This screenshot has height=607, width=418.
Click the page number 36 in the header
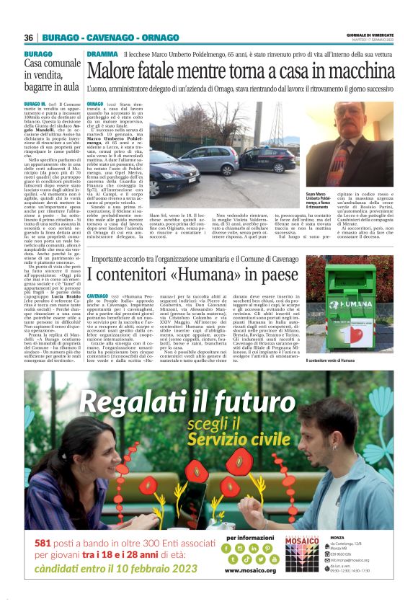(29, 37)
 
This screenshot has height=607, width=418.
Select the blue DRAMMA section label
(102, 55)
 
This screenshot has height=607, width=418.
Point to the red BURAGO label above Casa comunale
(38, 55)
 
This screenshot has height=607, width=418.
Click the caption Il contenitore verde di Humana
(339, 360)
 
